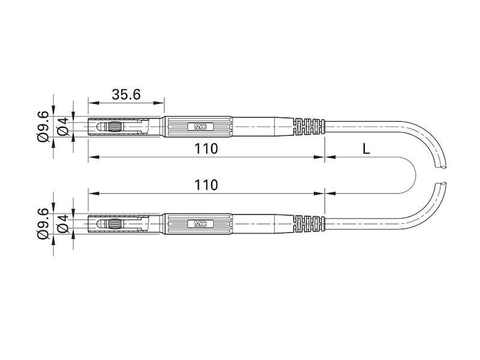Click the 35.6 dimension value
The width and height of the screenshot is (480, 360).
tap(126, 94)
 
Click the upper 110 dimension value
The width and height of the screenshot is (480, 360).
tap(206, 148)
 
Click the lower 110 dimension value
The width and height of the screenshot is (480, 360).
tap(206, 185)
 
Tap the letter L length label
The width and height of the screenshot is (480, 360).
tap(367, 149)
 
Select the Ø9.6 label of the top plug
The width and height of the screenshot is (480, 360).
tap(43, 127)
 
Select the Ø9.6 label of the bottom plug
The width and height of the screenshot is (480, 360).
tap(43, 224)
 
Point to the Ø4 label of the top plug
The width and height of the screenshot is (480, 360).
tap(62, 127)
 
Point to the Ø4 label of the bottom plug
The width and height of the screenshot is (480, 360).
tap(62, 224)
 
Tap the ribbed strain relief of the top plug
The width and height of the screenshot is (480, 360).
tap(308, 127)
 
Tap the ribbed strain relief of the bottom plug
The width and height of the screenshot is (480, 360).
tap(308, 224)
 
